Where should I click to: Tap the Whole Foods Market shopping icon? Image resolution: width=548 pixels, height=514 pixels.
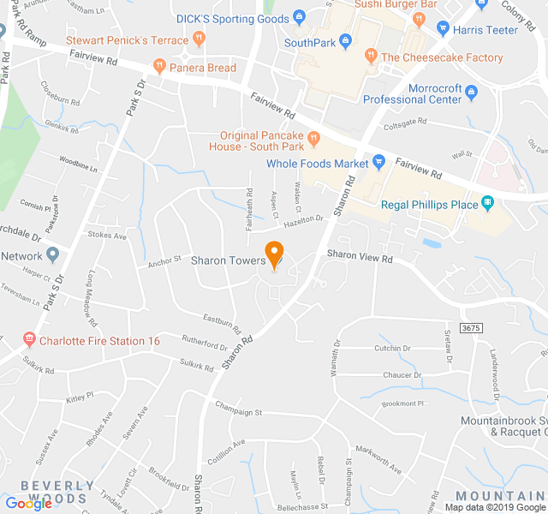[x=378, y=163]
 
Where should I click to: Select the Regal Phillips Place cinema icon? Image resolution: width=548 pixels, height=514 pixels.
[x=487, y=203]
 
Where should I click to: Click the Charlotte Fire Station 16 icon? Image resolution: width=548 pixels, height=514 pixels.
[x=29, y=340]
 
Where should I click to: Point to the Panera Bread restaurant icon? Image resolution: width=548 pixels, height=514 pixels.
[x=158, y=66]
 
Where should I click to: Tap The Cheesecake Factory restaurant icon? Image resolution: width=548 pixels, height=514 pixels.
[x=371, y=57]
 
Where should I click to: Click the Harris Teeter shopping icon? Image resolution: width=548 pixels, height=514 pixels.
[x=443, y=28]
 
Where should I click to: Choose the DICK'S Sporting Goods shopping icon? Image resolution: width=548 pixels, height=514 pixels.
[x=299, y=17]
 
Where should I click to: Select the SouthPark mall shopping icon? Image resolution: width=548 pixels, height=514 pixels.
[x=345, y=40]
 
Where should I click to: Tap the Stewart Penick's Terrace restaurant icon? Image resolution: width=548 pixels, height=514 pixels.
[x=199, y=39]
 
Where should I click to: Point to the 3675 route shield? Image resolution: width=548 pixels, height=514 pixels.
[x=470, y=328]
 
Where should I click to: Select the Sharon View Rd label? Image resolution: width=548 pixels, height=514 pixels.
[x=359, y=255]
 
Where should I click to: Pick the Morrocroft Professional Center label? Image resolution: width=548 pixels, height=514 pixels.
[x=412, y=93]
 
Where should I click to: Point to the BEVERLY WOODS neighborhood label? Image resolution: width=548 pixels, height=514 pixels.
[x=58, y=492]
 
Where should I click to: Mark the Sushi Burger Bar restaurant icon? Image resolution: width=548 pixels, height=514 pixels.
[x=418, y=17]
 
